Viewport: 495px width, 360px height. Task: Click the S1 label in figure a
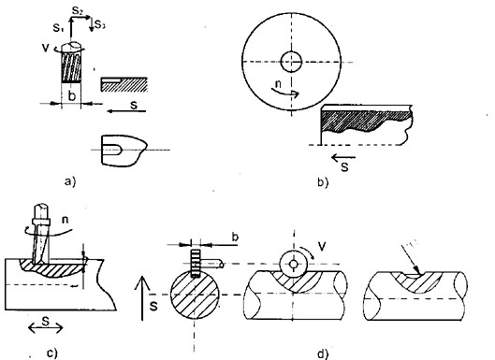pyautogui.click(x=55, y=28)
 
